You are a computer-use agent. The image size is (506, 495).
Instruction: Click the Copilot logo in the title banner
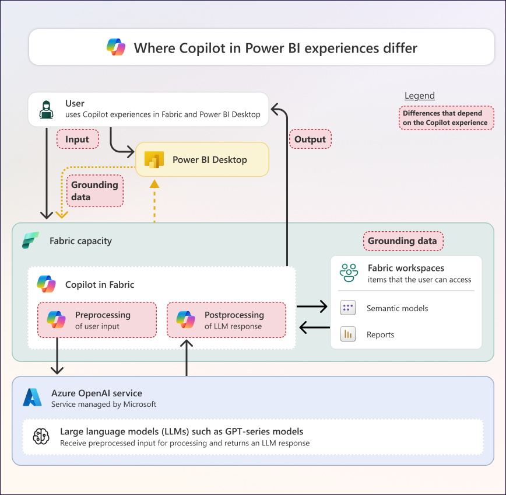[117, 47]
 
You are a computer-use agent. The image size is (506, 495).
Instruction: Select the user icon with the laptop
[46, 109]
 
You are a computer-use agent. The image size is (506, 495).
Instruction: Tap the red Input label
[77, 139]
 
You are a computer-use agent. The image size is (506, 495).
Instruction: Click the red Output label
[310, 139]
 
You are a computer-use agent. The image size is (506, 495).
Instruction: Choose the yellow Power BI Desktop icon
[154, 159]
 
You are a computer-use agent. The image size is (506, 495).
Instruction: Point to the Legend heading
[419, 96]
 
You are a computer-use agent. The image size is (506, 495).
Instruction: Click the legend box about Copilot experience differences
[445, 118]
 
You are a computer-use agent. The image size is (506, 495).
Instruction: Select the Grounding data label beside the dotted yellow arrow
[95, 191]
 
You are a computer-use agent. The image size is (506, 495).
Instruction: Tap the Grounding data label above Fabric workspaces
[403, 240]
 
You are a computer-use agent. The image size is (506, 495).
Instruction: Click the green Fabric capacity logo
[30, 240]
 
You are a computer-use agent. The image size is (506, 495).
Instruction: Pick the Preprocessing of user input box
[97, 320]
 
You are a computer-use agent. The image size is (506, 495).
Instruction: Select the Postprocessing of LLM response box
[226, 320]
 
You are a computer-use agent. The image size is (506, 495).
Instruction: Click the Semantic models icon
[348, 308]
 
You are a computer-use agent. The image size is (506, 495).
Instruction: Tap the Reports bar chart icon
[348, 334]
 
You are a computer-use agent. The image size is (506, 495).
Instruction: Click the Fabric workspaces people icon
[349, 273]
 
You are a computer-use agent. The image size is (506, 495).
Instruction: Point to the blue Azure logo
[33, 398]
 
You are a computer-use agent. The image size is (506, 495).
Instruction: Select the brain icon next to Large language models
[41, 437]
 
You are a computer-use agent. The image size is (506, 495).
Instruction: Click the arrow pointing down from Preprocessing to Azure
[57, 356]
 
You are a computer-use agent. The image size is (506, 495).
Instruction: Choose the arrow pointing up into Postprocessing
[187, 357]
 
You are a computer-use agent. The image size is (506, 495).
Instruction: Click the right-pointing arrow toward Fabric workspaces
[312, 305]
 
